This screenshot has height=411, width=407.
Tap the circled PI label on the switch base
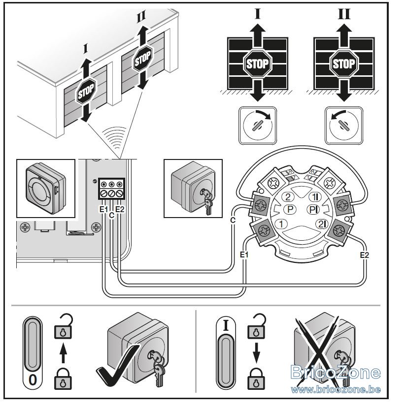pos(313,209)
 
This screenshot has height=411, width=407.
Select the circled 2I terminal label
pos(322,224)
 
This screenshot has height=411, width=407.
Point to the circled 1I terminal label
pos(314,196)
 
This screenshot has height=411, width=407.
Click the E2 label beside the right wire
pos(365,255)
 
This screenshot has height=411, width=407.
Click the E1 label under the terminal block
pos(103,209)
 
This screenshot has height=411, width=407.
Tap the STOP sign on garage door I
pos(86,91)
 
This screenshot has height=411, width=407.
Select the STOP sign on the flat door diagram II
pos(343,63)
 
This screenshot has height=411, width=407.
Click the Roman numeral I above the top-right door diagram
pos(257,14)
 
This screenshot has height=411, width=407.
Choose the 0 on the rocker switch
pos(33,380)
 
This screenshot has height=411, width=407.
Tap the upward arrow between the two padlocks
pos(63,353)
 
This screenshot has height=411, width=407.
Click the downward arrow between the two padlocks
pos(256,353)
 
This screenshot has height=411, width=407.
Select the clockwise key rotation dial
pos(257,126)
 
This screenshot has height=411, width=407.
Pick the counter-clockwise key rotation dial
pos(344,126)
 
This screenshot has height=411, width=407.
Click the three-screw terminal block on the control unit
pos(111,189)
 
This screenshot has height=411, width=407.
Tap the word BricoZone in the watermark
pos(336,372)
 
